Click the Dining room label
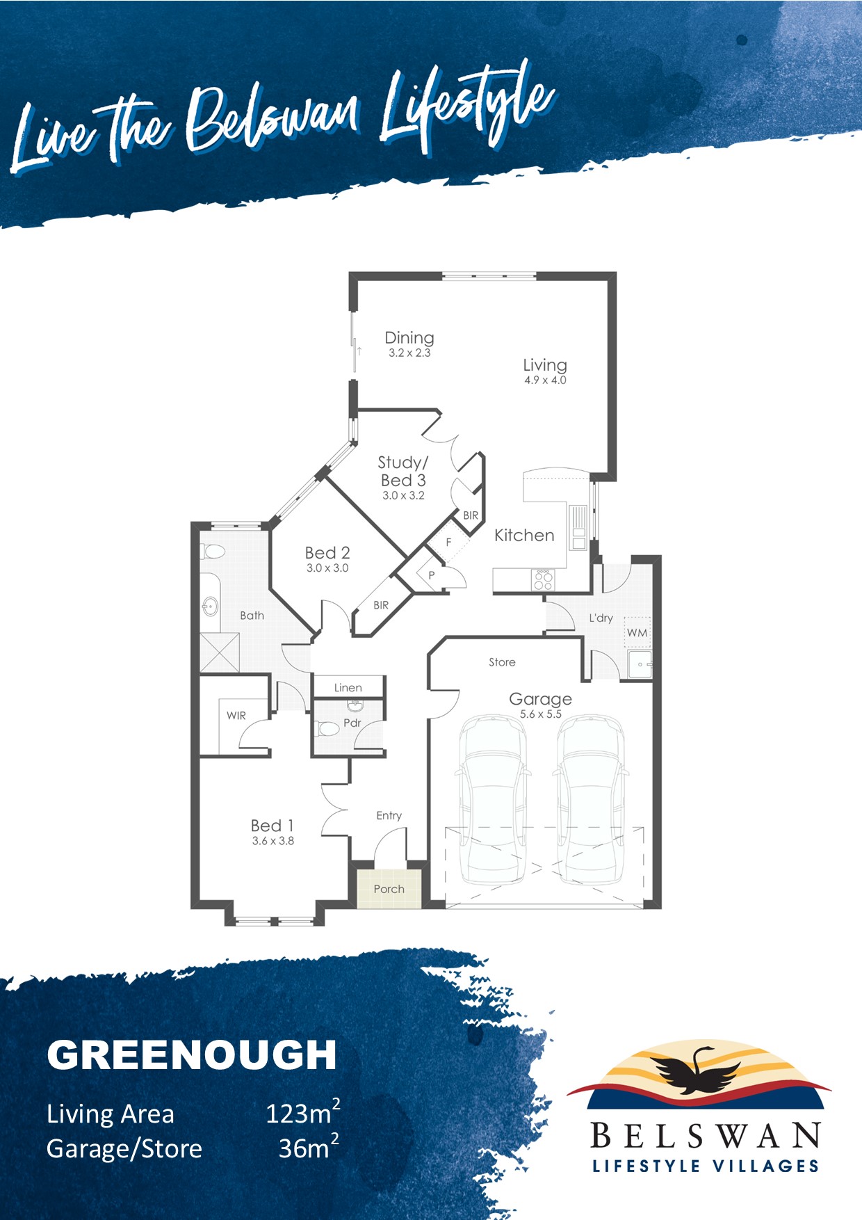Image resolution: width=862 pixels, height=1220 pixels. pos(409,338)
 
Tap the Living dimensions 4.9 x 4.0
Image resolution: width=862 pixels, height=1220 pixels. pos(545,380)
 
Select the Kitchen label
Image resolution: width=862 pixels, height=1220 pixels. pos(524,536)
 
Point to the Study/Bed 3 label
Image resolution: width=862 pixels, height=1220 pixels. pos(403,471)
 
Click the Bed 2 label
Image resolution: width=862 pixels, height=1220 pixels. pos(327,553)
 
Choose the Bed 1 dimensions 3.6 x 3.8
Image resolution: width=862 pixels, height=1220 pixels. pos(273,841)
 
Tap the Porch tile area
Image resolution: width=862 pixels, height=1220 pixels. pos(389,888)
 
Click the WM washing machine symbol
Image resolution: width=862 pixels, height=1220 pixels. pos(637,632)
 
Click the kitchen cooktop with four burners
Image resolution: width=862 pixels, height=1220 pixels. pos(543,580)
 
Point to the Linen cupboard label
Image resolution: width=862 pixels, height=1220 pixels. pos(348,688)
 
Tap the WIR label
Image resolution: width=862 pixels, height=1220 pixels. pos(236,716)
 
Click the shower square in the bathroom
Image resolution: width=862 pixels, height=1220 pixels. pos(220,652)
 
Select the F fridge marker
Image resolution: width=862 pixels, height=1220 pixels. pos(448,542)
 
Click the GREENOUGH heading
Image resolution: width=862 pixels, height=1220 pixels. pos(192,1054)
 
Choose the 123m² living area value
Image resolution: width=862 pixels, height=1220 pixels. pos(303,1112)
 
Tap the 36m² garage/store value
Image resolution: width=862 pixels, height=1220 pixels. pos(309,1147)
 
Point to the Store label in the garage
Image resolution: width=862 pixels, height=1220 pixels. pos(502,662)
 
